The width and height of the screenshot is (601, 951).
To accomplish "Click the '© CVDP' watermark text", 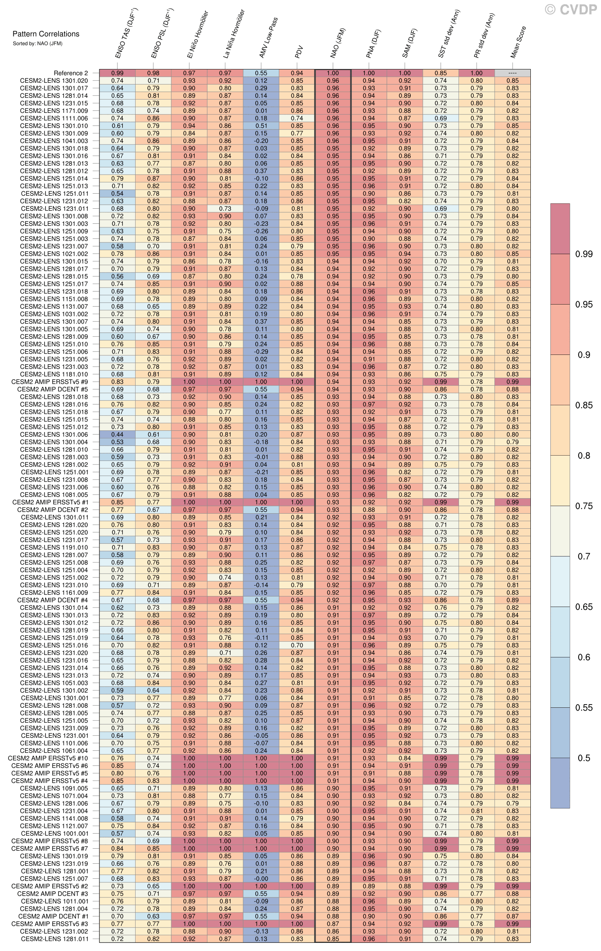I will tap(571, 9).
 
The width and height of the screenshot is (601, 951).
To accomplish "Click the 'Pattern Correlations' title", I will tap(46, 34).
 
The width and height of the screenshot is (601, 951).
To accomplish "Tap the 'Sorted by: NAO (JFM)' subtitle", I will tap(37, 43).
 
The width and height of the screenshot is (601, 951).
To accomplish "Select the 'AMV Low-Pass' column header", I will tap(268, 38).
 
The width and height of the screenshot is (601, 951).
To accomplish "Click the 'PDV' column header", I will tap(299, 52).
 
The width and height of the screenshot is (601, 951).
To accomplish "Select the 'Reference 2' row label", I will tap(71, 73).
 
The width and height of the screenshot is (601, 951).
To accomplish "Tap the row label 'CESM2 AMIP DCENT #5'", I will tap(53, 389).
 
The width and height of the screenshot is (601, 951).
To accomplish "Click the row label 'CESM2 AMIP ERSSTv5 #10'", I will tap(48, 758).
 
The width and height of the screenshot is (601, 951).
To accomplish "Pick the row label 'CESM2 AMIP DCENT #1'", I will tap(53, 916).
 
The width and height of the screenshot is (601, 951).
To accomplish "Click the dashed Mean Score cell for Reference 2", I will tap(512, 73).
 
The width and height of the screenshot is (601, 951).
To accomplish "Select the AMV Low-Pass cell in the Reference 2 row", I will tap(261, 73).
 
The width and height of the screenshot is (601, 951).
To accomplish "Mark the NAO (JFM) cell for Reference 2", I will tap(333, 73).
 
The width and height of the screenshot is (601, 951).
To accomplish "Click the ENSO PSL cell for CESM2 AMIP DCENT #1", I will tap(153, 916).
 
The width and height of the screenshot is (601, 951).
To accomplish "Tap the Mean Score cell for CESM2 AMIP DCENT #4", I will tap(512, 600).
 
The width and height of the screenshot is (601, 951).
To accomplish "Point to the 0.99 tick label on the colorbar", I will tap(584, 254).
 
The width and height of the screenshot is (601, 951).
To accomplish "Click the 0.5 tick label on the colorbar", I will tap(584, 758).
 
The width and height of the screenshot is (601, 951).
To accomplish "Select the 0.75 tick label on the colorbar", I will tap(584, 506).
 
